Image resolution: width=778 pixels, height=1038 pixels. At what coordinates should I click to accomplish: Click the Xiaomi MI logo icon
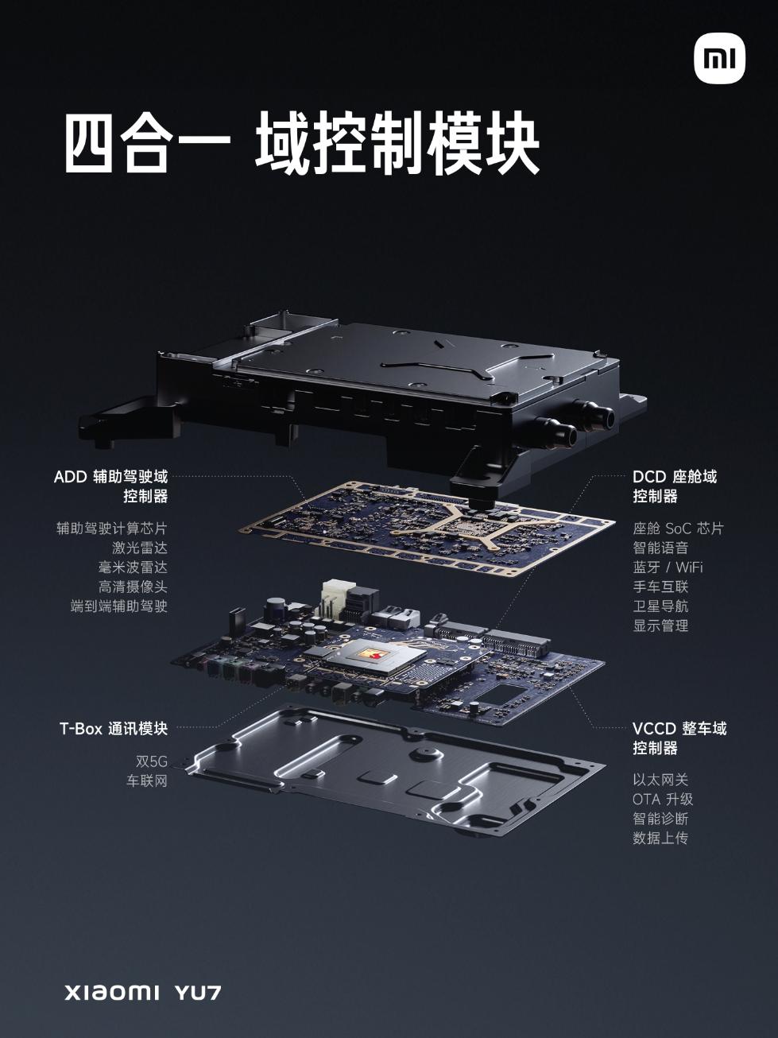click(718, 58)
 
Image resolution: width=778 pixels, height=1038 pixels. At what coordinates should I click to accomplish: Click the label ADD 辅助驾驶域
click(110, 477)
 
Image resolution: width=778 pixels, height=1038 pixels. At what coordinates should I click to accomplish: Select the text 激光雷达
click(139, 548)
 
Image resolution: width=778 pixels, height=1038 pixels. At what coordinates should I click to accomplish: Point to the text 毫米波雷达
click(133, 567)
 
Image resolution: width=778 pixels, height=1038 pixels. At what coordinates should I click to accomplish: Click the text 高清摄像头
click(133, 587)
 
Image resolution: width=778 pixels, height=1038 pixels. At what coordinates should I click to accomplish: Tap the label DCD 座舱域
click(675, 477)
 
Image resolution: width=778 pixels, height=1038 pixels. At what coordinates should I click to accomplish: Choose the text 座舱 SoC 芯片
click(678, 529)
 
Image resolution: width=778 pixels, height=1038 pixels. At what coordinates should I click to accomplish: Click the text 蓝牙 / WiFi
click(668, 567)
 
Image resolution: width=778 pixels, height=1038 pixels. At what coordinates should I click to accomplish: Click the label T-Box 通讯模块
click(114, 728)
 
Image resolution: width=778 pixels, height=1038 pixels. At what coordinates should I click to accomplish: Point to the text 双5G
click(151, 761)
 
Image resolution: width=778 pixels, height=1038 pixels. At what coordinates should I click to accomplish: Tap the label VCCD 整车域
click(679, 728)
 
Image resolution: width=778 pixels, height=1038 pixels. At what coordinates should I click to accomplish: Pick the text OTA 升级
click(663, 799)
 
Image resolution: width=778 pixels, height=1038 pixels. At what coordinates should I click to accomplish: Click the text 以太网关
click(660, 780)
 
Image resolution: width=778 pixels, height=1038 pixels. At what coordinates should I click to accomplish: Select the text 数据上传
click(660, 838)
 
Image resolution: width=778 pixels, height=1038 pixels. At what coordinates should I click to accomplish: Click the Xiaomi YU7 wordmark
click(142, 993)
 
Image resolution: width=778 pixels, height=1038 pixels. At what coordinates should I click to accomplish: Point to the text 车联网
click(147, 780)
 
